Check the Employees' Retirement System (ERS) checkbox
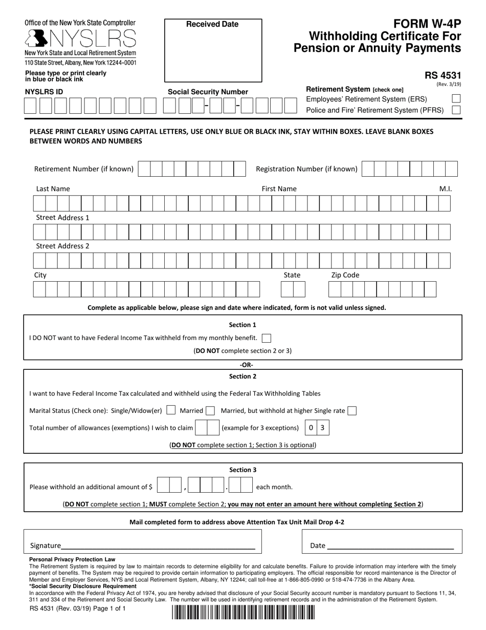456,99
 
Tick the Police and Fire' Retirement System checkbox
456,110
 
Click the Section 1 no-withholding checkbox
266,338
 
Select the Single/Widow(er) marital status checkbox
171,410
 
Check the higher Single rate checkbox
352,410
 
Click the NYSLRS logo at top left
80,38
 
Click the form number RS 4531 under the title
443,75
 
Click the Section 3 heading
243,470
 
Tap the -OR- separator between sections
246,365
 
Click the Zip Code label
345,275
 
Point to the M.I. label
445,189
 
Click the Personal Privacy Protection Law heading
72,559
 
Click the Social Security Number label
208,92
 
